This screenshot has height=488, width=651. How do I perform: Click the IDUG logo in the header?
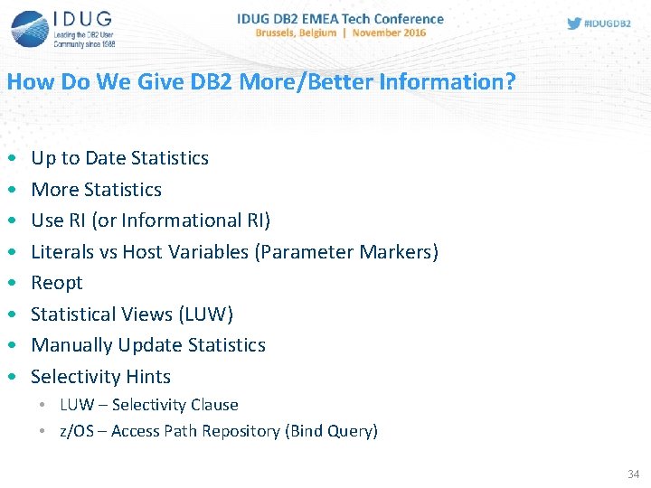pos(63,28)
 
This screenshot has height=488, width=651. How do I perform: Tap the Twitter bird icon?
pos(574,23)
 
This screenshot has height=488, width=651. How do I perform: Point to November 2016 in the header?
pos(389,33)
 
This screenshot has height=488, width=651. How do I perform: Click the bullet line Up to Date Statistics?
pos(119,158)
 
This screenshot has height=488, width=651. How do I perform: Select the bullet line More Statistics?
pos(96,190)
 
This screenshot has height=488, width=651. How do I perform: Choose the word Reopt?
pos(56,283)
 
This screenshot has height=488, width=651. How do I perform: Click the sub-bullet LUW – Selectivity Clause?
pos(148,405)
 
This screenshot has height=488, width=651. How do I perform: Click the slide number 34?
pos(632,474)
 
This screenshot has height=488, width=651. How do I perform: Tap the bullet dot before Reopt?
pos(10,283)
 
